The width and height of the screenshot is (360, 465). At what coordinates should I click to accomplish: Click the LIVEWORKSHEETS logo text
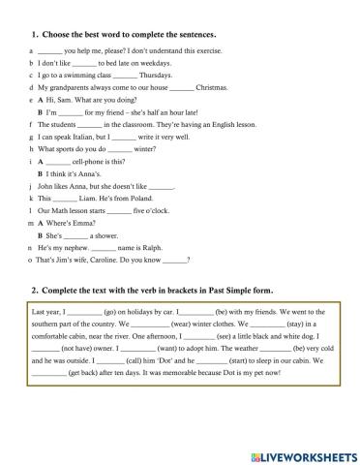pyautogui.click(x=305, y=453)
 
